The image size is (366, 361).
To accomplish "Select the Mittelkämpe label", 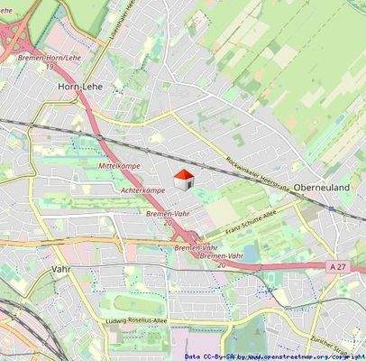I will click(119, 168).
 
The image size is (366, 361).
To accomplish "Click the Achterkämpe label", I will click(142, 190).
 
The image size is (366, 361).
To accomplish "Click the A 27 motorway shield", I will click(337, 266).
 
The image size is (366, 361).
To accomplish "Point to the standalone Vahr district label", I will click(61, 269).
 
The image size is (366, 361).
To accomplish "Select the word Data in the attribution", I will click(192, 356).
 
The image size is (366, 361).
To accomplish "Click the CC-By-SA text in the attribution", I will click(219, 356).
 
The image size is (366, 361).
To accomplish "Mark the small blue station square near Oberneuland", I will click(330, 208).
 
